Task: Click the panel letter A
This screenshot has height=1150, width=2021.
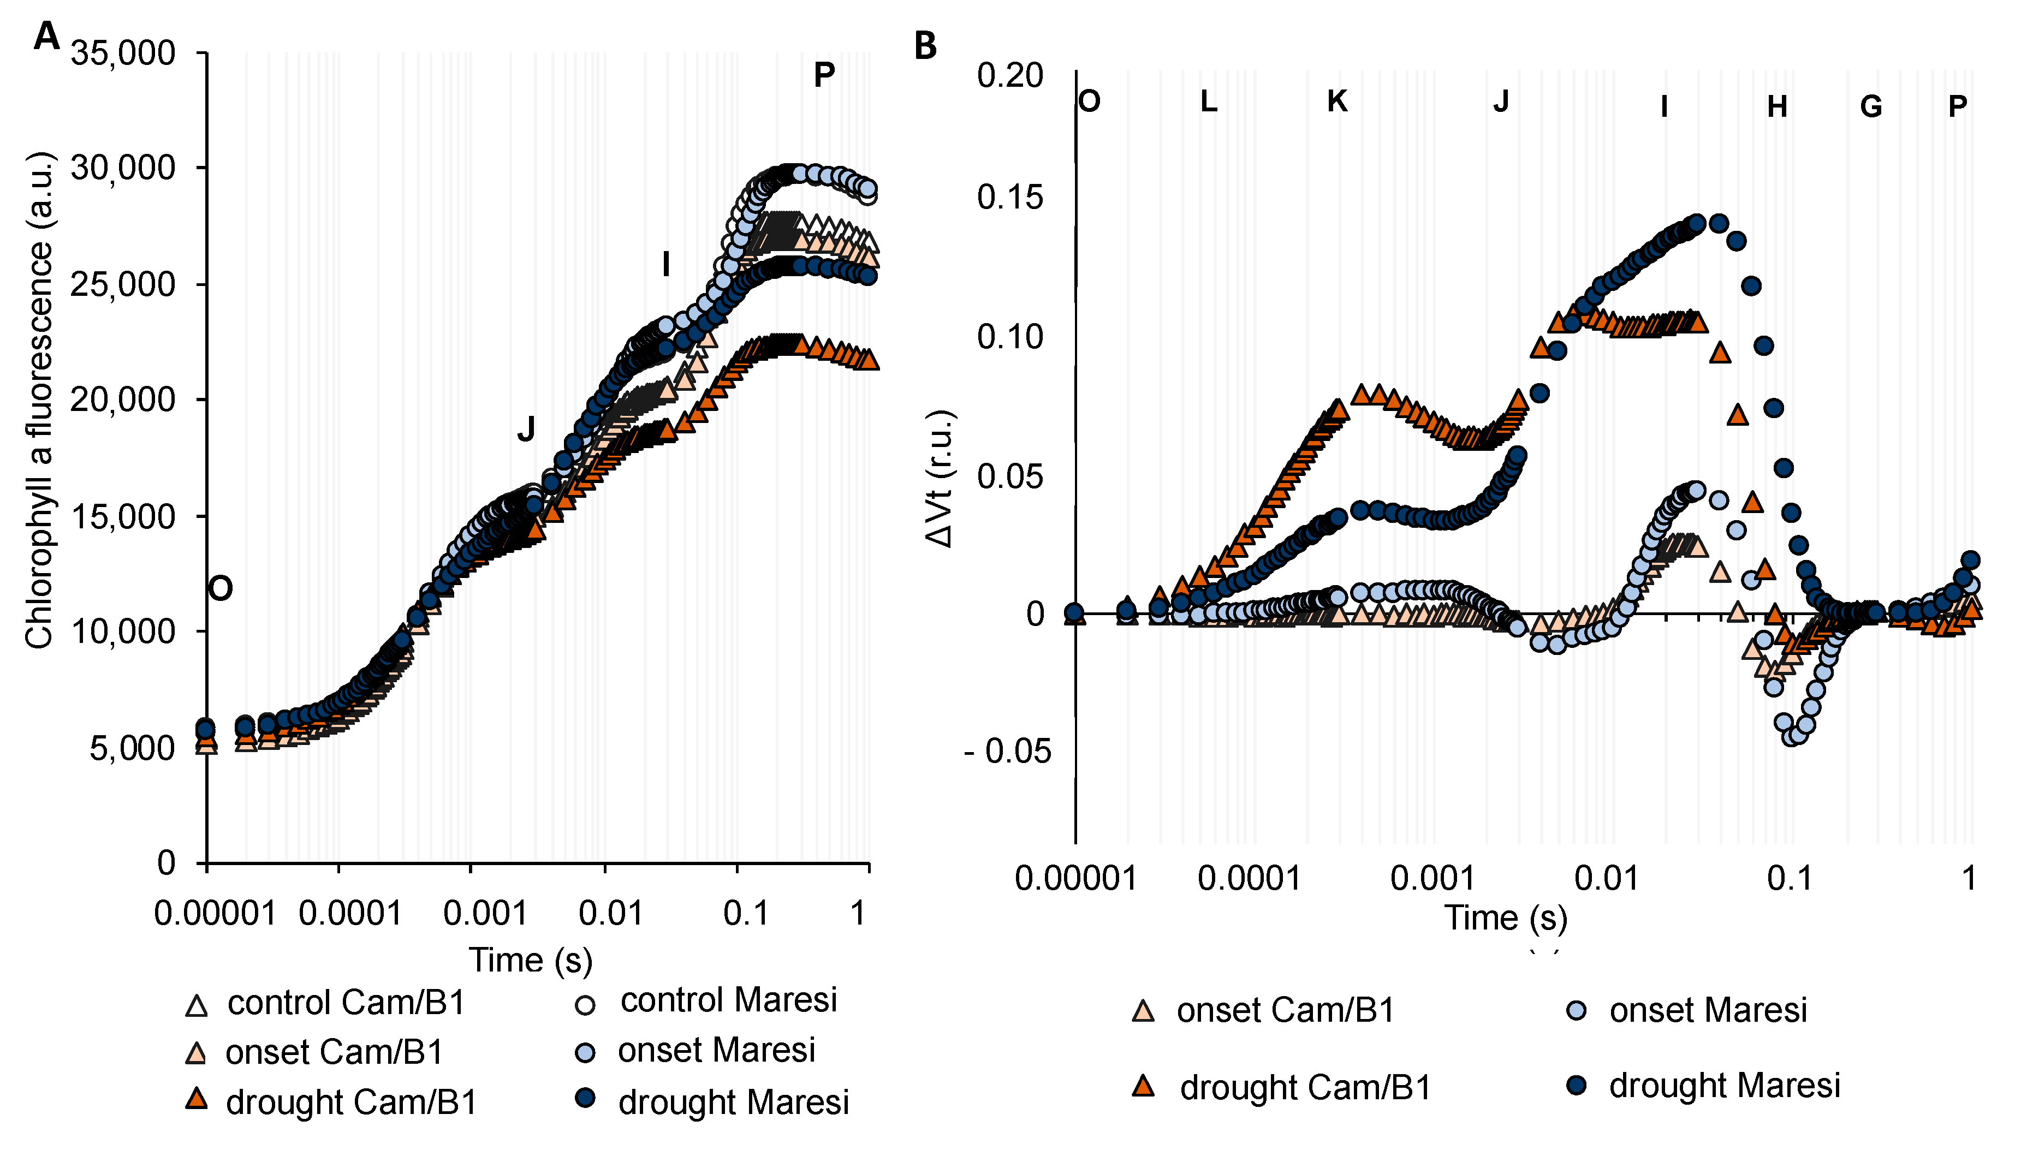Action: click(46, 37)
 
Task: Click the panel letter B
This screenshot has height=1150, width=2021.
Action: click(925, 46)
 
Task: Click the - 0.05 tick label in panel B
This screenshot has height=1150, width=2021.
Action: click(1008, 751)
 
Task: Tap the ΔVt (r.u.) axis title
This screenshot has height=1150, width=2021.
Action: click(941, 479)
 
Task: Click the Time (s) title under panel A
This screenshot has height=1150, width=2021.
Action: click(531, 961)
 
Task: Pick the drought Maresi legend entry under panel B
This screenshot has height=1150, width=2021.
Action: click(1703, 1086)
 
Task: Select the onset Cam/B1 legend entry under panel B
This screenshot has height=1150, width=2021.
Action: click(1264, 1010)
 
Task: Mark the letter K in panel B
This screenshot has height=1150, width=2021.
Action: click(1337, 101)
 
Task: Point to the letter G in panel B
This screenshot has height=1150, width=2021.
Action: click(1871, 106)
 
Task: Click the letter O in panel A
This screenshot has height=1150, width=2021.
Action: click(221, 588)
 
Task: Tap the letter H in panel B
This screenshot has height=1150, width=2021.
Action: click(1777, 106)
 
